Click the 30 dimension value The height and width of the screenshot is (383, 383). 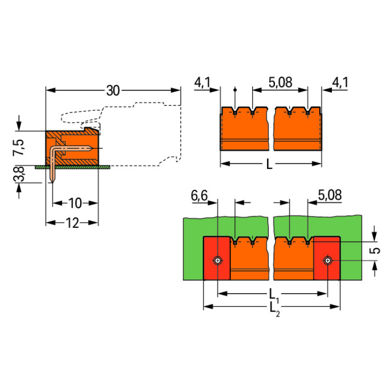[112, 91]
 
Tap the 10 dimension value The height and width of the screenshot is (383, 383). [75, 203]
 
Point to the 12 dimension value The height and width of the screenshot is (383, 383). [72, 223]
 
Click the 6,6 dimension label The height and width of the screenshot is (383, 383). [200, 195]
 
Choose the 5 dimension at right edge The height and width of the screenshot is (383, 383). [376, 250]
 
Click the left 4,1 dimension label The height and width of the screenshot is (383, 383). [203, 82]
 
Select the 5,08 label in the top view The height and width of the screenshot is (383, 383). [280, 82]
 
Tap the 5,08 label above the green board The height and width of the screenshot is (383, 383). [329, 195]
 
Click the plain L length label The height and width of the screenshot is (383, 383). [270, 164]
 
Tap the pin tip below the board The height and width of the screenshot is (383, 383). [53, 180]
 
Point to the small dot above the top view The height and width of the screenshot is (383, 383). [235, 89]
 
